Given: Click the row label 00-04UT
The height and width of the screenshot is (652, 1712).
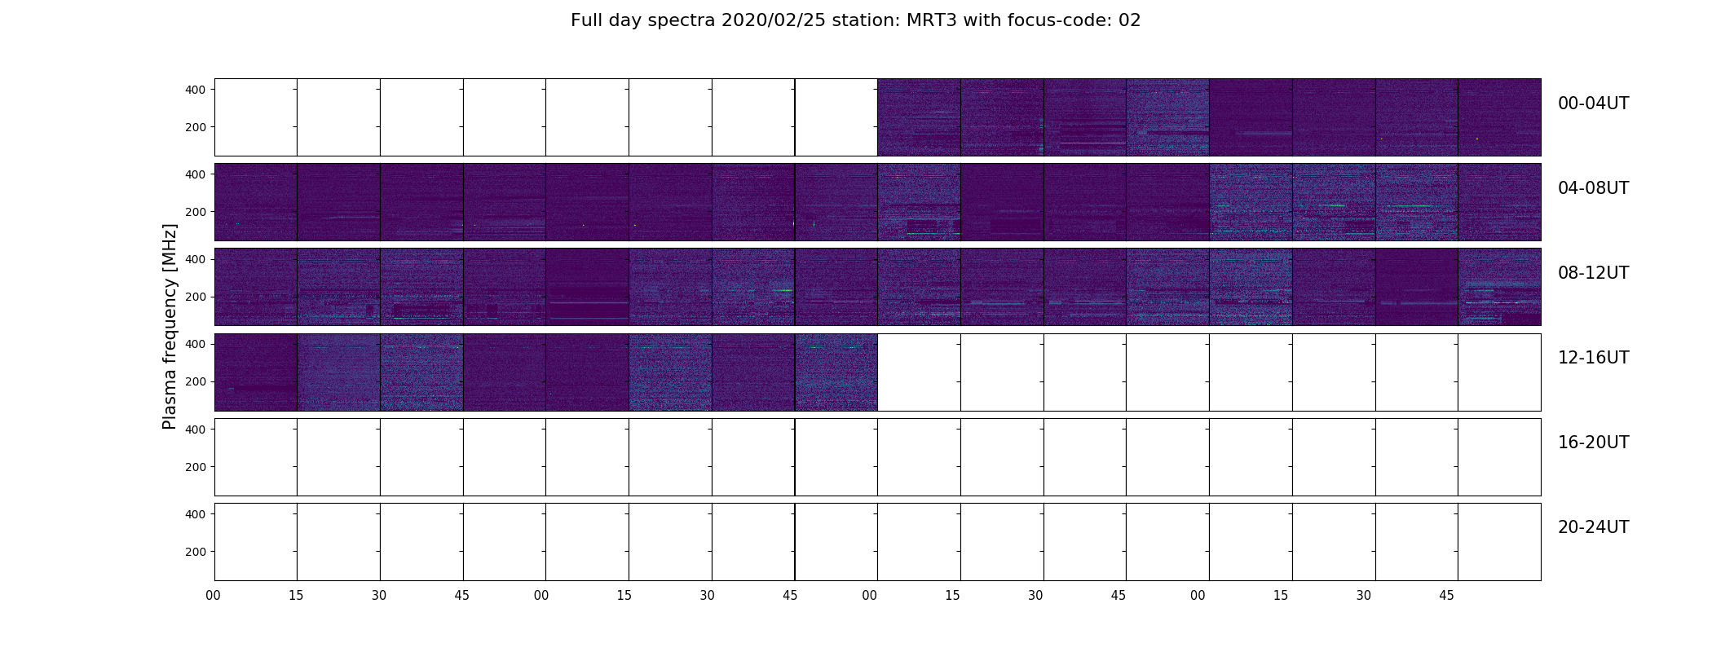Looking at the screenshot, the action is [x=1593, y=104].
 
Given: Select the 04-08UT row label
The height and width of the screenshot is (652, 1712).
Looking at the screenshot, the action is [x=1593, y=188].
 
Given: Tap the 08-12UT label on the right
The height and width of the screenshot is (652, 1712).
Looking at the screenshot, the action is [x=1593, y=273].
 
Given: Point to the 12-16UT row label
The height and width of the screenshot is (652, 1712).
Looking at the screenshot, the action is [x=1593, y=358].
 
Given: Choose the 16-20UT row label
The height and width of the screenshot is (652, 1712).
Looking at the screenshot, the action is [x=1593, y=443].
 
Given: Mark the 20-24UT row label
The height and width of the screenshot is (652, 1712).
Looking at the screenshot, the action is [x=1593, y=527].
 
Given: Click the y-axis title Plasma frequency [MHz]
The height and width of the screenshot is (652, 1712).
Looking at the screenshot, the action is [x=170, y=326].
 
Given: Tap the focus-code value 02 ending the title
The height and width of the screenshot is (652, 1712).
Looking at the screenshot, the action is [x=1130, y=20].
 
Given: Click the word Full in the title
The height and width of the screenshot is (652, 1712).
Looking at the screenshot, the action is [x=586, y=20].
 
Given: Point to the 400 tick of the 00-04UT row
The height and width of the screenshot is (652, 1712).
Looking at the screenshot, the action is [x=196, y=90].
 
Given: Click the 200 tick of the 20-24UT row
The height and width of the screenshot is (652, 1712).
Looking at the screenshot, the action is [x=196, y=552].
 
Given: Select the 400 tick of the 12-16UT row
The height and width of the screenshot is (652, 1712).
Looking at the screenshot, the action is [x=196, y=345].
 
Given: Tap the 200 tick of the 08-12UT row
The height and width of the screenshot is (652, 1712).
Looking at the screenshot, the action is [x=196, y=297].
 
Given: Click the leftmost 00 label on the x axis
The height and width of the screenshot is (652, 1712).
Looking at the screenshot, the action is [x=214, y=596].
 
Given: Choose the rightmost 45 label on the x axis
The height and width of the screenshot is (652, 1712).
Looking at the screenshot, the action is [x=1446, y=596].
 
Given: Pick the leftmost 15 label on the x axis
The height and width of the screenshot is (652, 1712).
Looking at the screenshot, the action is [x=296, y=596].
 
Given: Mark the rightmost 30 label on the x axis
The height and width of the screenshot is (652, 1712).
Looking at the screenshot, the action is [x=1364, y=596].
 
